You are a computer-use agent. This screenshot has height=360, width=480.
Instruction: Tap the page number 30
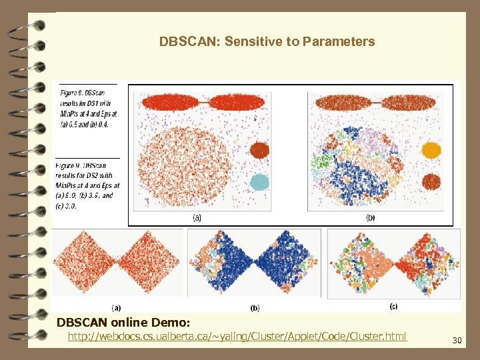pyautogui.click(x=457, y=341)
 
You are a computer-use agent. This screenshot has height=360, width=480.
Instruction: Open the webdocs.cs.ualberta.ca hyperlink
pyautogui.click(x=237, y=336)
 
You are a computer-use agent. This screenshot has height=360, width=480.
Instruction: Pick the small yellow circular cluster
pyautogui.click(x=432, y=150)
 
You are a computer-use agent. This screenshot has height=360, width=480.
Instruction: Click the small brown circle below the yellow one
pyautogui.click(x=432, y=181)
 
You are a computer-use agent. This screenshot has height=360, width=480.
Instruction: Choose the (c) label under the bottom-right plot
pyautogui.click(x=393, y=307)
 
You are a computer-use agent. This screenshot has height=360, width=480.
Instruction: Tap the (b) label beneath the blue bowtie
pyautogui.click(x=255, y=307)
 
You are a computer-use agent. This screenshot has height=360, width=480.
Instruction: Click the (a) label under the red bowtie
pyautogui.click(x=116, y=307)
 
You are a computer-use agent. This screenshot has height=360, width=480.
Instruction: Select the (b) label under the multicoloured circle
pyautogui.click(x=371, y=217)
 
